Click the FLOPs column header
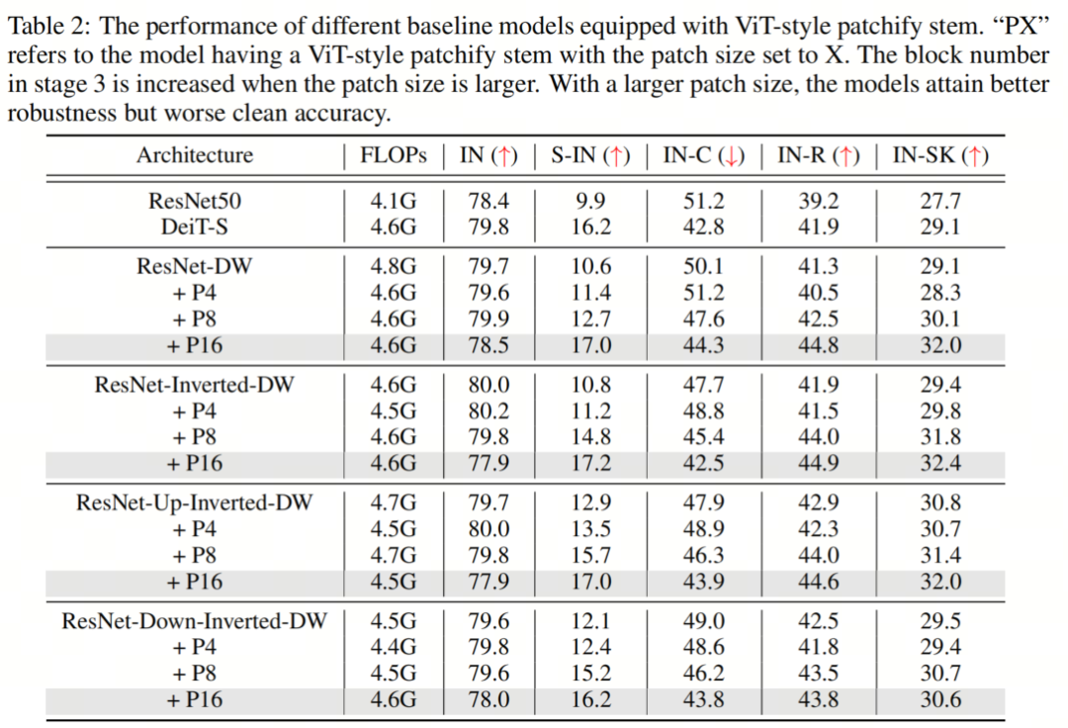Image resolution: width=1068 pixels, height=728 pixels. click(394, 155)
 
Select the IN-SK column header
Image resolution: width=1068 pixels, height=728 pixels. click(939, 155)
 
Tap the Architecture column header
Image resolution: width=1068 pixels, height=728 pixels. click(195, 155)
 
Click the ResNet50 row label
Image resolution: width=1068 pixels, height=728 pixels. click(195, 201)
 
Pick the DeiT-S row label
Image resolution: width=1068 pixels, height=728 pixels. click(195, 227)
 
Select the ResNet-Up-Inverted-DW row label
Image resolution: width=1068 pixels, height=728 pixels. click(195, 502)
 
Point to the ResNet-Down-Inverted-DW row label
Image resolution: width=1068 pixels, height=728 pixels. click(195, 621)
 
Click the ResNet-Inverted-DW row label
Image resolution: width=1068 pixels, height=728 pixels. click(195, 385)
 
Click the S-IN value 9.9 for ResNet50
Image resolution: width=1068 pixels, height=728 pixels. click(590, 201)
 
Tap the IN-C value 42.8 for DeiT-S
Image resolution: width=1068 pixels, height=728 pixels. click(704, 227)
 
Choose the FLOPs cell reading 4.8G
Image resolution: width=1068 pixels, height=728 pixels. click(394, 266)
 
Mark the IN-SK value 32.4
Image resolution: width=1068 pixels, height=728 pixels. click(939, 463)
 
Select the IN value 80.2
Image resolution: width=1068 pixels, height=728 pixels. click(489, 410)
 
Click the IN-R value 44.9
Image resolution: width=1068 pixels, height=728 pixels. click(820, 463)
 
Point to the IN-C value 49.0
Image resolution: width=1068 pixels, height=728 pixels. click(704, 621)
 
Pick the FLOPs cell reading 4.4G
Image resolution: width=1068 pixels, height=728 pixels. click(394, 647)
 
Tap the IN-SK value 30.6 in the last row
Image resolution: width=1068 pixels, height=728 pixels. click(939, 699)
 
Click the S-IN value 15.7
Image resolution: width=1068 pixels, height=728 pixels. click(590, 555)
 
